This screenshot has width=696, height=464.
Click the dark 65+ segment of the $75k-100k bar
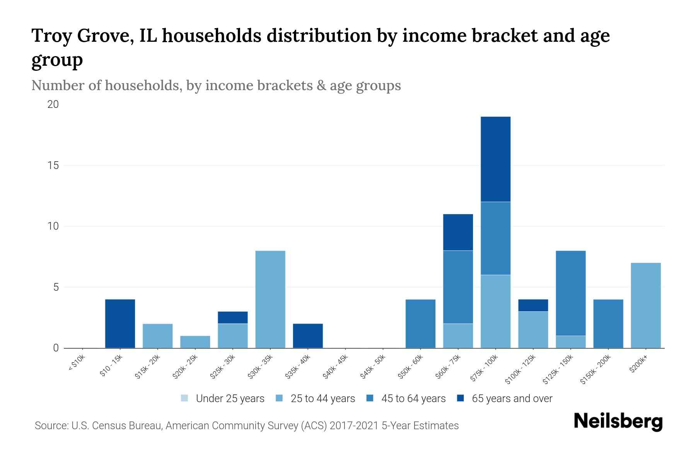click(x=495, y=159)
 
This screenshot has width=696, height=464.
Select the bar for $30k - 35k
click(x=270, y=299)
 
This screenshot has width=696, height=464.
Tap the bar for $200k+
click(x=646, y=305)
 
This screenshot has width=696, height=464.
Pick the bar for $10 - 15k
click(x=120, y=324)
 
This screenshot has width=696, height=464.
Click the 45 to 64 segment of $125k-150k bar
click(x=571, y=293)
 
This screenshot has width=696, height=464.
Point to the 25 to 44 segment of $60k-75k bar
click(x=458, y=336)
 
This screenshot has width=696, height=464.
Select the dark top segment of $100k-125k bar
click(x=533, y=305)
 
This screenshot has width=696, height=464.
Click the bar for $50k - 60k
click(x=420, y=324)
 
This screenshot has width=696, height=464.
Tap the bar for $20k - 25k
click(x=195, y=342)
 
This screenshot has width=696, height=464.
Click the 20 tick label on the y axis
click(x=53, y=104)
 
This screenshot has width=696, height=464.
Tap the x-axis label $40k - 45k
click(x=336, y=367)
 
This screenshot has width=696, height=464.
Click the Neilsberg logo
click(x=618, y=421)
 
